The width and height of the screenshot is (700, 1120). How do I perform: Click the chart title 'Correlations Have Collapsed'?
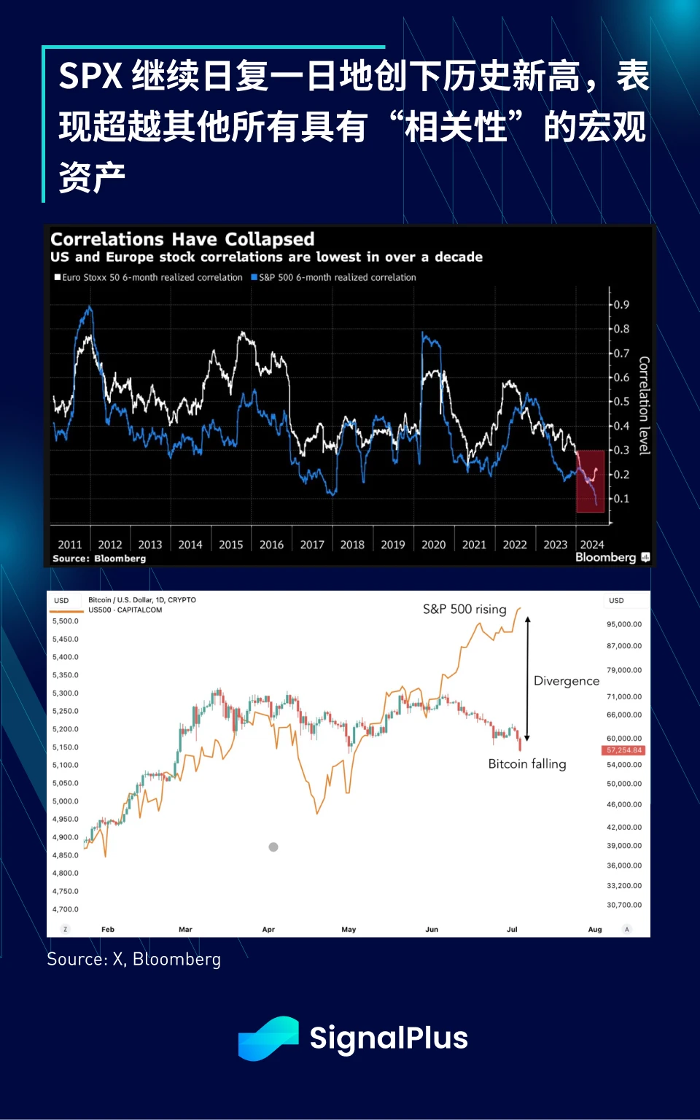coord(182,239)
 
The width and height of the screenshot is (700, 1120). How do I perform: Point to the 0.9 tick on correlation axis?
coord(621,305)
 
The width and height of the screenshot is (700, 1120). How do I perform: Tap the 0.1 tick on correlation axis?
coord(621,499)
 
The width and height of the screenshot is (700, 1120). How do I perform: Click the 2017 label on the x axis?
coord(312,545)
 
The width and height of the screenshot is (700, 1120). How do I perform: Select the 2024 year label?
coord(592,545)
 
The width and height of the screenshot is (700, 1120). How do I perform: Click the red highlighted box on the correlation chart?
coord(591,481)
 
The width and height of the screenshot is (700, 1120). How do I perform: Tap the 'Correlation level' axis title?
coord(644,405)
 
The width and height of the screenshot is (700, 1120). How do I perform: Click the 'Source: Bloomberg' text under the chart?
coord(99,559)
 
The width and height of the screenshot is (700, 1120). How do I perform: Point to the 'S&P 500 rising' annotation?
coord(464,609)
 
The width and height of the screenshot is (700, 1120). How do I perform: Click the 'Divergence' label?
coord(567,681)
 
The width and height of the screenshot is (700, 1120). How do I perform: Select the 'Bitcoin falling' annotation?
coord(527,764)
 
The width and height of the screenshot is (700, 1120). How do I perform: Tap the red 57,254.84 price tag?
coord(624,750)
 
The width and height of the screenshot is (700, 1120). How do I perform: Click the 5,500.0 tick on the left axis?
coord(66,621)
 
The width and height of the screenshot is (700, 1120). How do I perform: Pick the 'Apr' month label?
coord(268,930)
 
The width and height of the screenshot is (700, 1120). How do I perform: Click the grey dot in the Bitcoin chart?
coord(273,847)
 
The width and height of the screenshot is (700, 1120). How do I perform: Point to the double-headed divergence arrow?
coord(528,678)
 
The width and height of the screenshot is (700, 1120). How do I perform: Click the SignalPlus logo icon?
coord(268,1038)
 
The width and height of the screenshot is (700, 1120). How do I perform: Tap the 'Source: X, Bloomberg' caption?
coord(133,960)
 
